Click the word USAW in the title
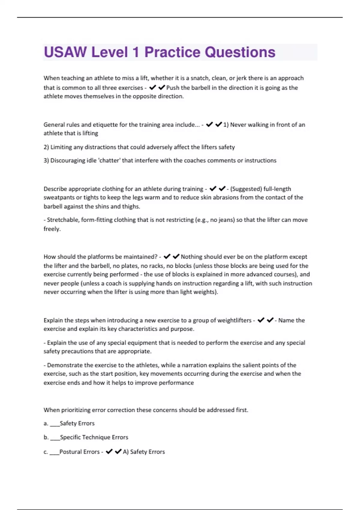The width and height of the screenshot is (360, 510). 65,52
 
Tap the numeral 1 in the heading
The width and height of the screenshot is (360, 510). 136,52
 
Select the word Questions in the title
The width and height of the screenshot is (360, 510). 240,52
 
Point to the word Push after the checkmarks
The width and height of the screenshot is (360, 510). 173,88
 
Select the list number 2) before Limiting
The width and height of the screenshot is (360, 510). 46,147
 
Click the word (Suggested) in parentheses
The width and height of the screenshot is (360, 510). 246,189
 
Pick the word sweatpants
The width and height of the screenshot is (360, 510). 59,197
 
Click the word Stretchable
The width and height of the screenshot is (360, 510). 62,220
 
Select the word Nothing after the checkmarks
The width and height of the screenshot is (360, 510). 193,256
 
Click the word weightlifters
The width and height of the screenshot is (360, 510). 234,320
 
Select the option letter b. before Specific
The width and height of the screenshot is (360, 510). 46,437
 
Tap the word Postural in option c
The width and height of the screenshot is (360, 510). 79,451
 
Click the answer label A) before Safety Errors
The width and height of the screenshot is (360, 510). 126,451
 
